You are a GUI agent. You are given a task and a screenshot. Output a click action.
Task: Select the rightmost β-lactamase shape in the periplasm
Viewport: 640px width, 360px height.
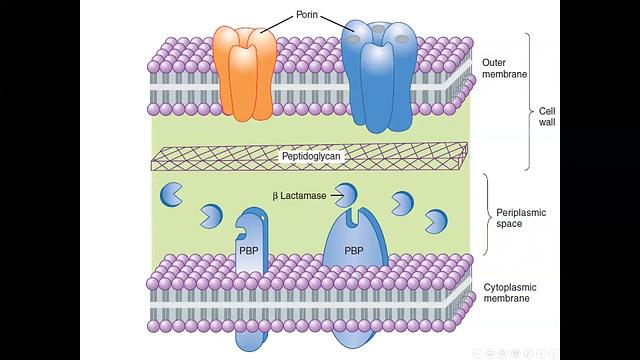pos(437,220)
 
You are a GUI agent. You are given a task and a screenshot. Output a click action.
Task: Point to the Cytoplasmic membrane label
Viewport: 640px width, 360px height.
pos(509,292)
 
